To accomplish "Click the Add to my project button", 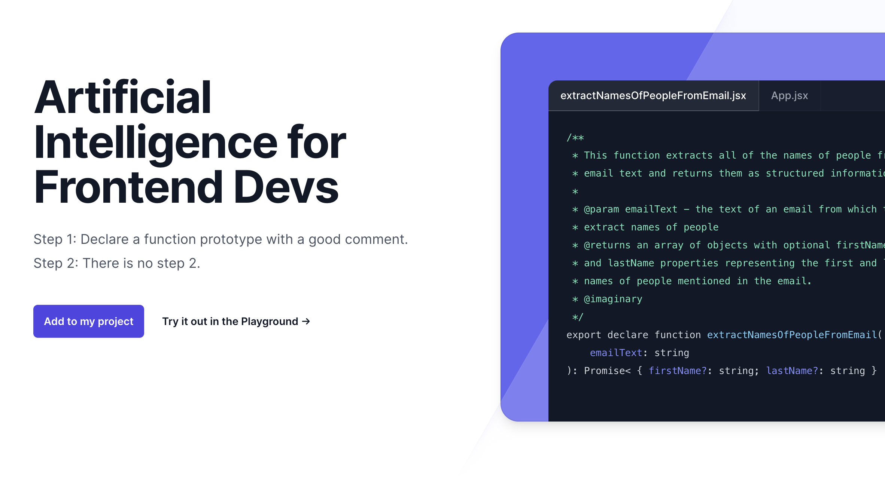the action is click(89, 321).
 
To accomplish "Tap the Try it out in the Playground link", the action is click(236, 321).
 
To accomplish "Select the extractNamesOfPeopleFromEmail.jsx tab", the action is click(653, 96).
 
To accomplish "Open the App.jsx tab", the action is click(790, 96).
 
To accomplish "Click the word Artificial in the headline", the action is click(123, 97).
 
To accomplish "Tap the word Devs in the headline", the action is click(286, 187).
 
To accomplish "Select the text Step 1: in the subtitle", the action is click(55, 239).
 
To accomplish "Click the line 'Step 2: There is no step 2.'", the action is click(117, 263).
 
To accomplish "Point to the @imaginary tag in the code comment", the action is click(613, 299).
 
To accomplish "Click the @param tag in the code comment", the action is click(601, 209).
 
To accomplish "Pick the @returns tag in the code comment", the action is click(607, 245).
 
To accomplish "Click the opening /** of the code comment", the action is click(575, 138).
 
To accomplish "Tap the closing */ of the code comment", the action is click(578, 317).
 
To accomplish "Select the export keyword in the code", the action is click(584, 335).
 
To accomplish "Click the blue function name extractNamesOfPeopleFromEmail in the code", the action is click(792, 335).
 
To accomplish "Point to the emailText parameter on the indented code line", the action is click(616, 353).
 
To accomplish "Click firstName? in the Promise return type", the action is click(678, 371).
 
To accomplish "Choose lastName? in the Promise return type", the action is click(792, 371).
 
